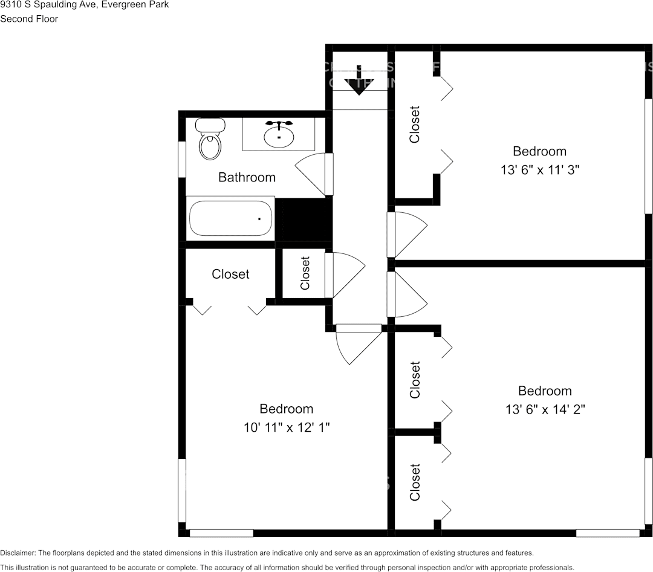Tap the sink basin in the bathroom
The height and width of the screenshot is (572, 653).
[x=279, y=134]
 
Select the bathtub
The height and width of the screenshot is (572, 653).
[x=230, y=218]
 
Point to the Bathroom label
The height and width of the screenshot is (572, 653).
[x=247, y=177]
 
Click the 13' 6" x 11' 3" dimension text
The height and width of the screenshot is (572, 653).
[x=540, y=170]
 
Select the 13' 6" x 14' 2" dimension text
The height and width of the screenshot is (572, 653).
[x=545, y=409]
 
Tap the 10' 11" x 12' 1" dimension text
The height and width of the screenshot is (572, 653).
[x=286, y=427]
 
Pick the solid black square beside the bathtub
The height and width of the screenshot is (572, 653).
[x=304, y=219]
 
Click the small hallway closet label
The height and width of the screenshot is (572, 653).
[x=305, y=273]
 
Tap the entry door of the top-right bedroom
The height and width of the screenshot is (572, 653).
[x=408, y=234]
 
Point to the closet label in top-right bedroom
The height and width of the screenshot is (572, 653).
[x=415, y=125]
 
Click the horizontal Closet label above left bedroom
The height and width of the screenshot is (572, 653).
[x=230, y=274]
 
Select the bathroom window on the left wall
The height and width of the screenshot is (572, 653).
[x=181, y=160]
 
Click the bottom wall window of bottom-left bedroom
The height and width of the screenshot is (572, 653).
[x=221, y=533]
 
